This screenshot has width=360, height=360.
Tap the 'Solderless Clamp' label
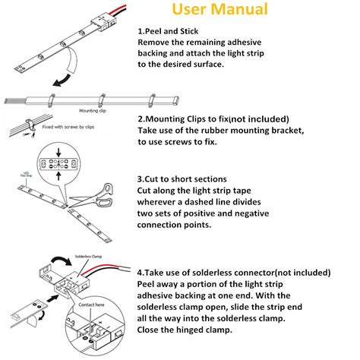click(x=93, y=257)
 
